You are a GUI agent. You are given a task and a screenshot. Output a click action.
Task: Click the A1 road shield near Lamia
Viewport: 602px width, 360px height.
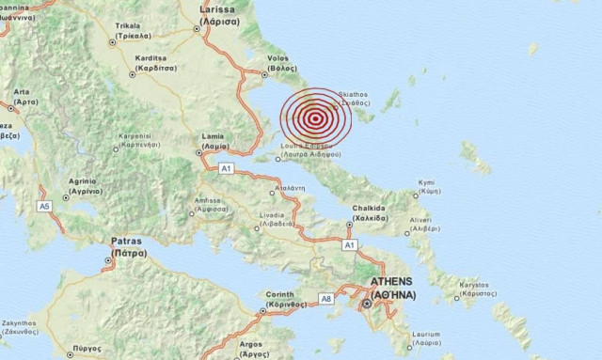[x=225, y=167]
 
